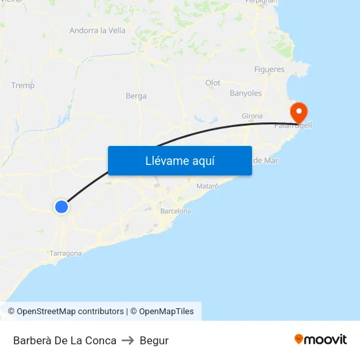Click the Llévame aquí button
pyautogui.click(x=179, y=160)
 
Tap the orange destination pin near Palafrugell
pyautogui.click(x=299, y=112)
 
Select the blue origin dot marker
pyautogui.click(x=62, y=207)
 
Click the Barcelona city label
pyautogui.click(x=175, y=211)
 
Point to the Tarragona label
pyautogui.click(x=65, y=253)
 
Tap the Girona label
pyautogui.click(x=252, y=116)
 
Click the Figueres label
pyautogui.click(x=269, y=69)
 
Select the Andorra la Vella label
pyautogui.click(x=98, y=30)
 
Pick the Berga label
pyautogui.click(x=136, y=96)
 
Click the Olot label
pyautogui.click(x=213, y=83)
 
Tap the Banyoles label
pyautogui.click(x=245, y=94)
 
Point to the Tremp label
pyautogui.click(x=23, y=86)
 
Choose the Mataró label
pyautogui.click(x=207, y=187)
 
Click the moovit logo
pyautogui.click(x=321, y=340)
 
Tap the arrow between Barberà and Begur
pyautogui.click(x=128, y=340)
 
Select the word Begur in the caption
pyautogui.click(x=154, y=340)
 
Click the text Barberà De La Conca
pyautogui.click(x=65, y=340)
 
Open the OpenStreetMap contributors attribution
pyautogui.click(x=70, y=312)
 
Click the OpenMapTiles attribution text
pyautogui.click(x=166, y=312)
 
